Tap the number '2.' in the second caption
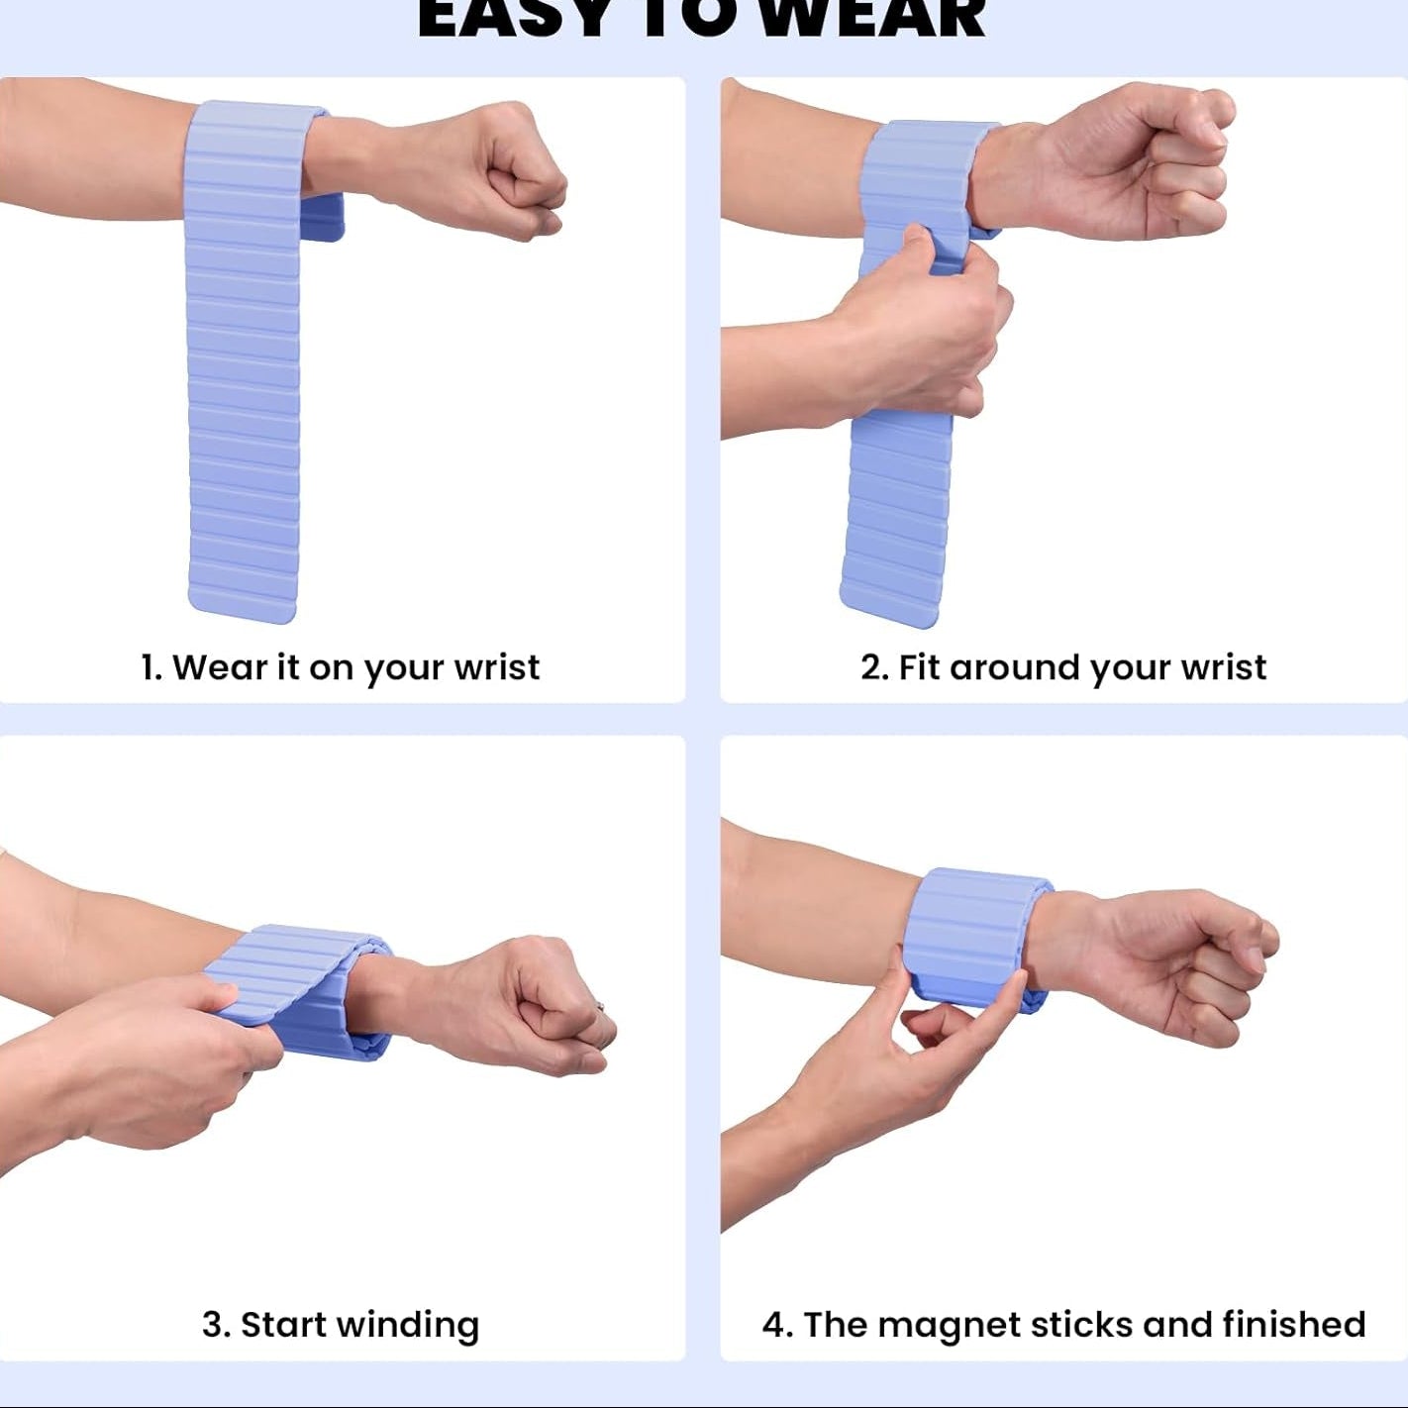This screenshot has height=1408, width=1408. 874,667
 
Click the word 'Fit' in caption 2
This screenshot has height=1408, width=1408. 919,667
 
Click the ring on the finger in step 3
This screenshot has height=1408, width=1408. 600,1007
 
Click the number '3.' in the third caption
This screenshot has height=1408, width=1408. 216,1325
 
